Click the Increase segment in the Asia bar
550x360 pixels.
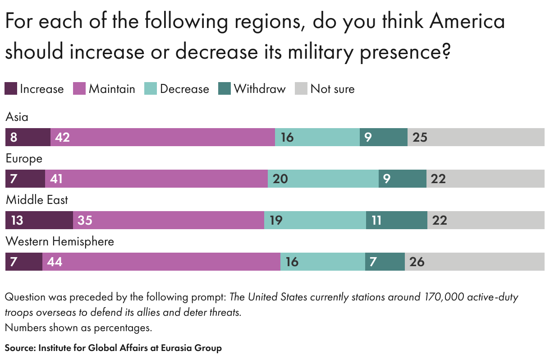27,137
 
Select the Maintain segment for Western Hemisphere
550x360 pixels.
161,262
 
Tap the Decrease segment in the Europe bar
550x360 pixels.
323,179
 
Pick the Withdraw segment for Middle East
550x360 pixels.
396,220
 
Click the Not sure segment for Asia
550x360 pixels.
476,137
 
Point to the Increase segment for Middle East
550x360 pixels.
39,220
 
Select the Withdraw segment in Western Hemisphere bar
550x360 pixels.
385,262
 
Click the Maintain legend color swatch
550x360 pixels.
79,89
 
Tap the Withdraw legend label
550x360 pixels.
260,89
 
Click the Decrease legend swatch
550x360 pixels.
151,89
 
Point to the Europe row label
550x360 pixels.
24,158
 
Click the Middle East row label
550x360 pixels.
37,200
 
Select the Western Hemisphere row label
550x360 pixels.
60,241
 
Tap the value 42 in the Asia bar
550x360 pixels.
62,137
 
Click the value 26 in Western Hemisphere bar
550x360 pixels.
417,262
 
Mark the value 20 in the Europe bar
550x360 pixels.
280,179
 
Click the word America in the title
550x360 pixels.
467,22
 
